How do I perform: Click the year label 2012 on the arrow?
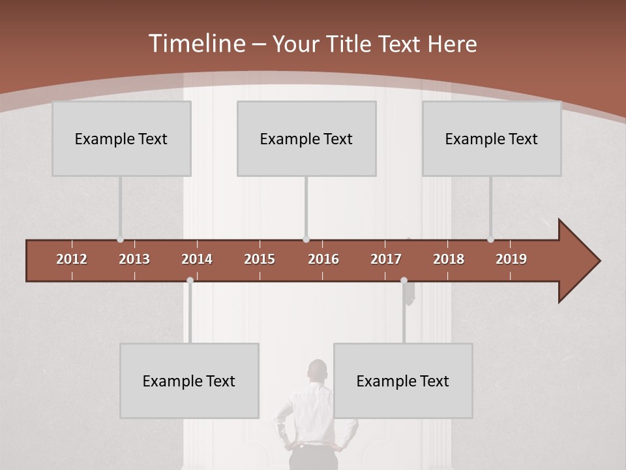pyautogui.click(x=72, y=259)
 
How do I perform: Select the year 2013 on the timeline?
pyautogui.click(x=134, y=259)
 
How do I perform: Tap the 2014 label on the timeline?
pyautogui.click(x=197, y=259)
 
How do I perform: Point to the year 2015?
pyautogui.click(x=260, y=259)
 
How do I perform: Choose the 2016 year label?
pyautogui.click(x=323, y=259)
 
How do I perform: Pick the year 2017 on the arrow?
pyautogui.click(x=386, y=259)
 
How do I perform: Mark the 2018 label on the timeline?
pyautogui.click(x=449, y=259)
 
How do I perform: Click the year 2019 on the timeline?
pyautogui.click(x=511, y=259)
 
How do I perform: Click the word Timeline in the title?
pyautogui.click(x=196, y=44)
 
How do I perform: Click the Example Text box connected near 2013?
pyautogui.click(x=121, y=138)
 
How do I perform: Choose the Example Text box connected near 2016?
pyautogui.click(x=306, y=138)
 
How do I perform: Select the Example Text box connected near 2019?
pyautogui.click(x=492, y=138)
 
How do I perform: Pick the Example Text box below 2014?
pyautogui.click(x=189, y=381)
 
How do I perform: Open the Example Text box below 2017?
pyautogui.click(x=403, y=381)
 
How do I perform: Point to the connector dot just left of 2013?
pyautogui.click(x=120, y=240)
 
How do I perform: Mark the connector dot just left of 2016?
pyautogui.click(x=306, y=240)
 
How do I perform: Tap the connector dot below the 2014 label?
pyautogui.click(x=190, y=280)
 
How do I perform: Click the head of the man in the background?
pyautogui.click(x=318, y=369)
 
